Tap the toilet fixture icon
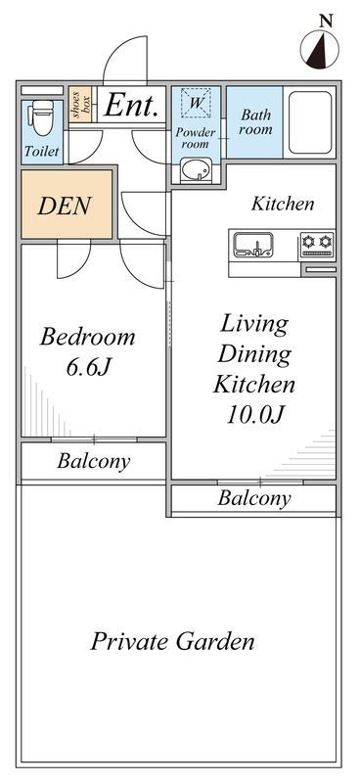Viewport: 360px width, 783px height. (x=43, y=117)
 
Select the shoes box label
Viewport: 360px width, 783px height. (x=80, y=105)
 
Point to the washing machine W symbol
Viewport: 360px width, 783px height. (x=197, y=103)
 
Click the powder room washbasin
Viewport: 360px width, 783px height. (x=197, y=170)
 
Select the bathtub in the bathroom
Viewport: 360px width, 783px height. (x=310, y=123)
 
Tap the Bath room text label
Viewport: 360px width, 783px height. (x=255, y=122)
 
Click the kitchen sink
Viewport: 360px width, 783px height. (x=254, y=245)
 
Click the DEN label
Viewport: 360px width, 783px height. (x=65, y=206)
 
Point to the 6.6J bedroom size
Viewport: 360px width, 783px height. (x=88, y=368)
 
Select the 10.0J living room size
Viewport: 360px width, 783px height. (x=255, y=414)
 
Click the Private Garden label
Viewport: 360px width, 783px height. (x=172, y=641)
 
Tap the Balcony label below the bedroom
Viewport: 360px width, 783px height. (x=94, y=461)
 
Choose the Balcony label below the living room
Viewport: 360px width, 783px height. (x=254, y=498)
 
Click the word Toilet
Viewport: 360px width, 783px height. (x=42, y=152)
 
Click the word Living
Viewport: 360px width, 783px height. (x=254, y=325)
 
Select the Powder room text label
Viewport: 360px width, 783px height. (x=196, y=138)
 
